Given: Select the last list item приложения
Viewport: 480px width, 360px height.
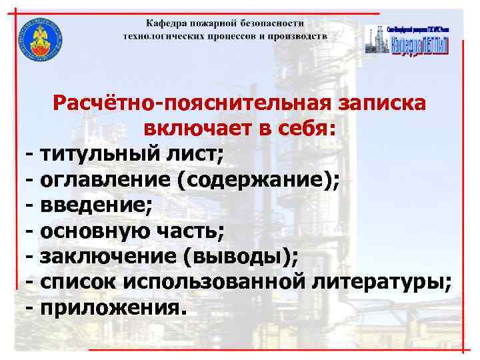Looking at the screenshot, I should [x=109, y=309].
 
